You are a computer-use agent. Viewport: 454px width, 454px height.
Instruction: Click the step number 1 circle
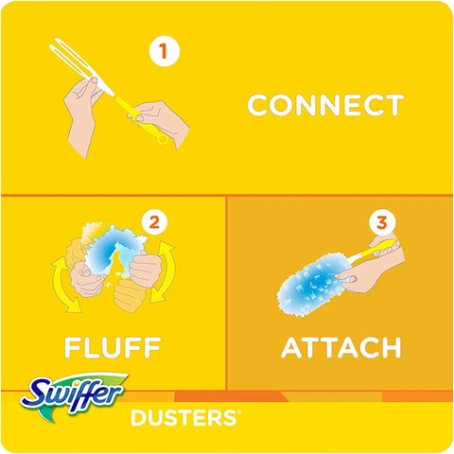click(x=165, y=51)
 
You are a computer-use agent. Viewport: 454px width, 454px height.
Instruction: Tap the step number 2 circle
click(x=154, y=223)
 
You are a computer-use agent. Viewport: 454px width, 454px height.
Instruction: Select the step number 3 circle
click(x=381, y=223)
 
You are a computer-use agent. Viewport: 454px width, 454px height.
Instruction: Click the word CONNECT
click(x=325, y=105)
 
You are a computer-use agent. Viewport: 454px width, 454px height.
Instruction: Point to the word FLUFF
click(x=113, y=347)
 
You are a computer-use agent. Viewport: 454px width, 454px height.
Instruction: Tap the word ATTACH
click(x=340, y=347)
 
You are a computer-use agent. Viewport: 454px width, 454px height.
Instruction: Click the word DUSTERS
click(x=183, y=418)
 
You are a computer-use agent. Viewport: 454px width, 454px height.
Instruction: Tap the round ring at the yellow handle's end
click(x=163, y=139)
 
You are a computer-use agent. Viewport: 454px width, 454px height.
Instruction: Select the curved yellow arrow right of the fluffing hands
click(x=163, y=271)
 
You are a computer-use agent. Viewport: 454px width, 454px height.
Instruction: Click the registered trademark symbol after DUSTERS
click(x=239, y=411)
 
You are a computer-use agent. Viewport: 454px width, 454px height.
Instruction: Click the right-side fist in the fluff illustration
click(x=146, y=270)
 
